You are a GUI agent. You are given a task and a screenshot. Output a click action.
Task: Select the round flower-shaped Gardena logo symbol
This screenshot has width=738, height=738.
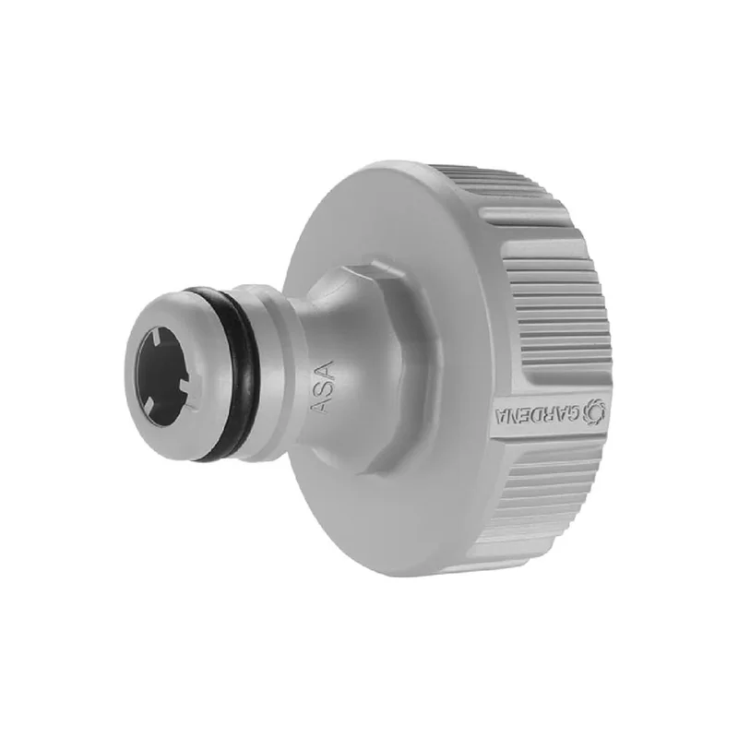click(592, 409)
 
